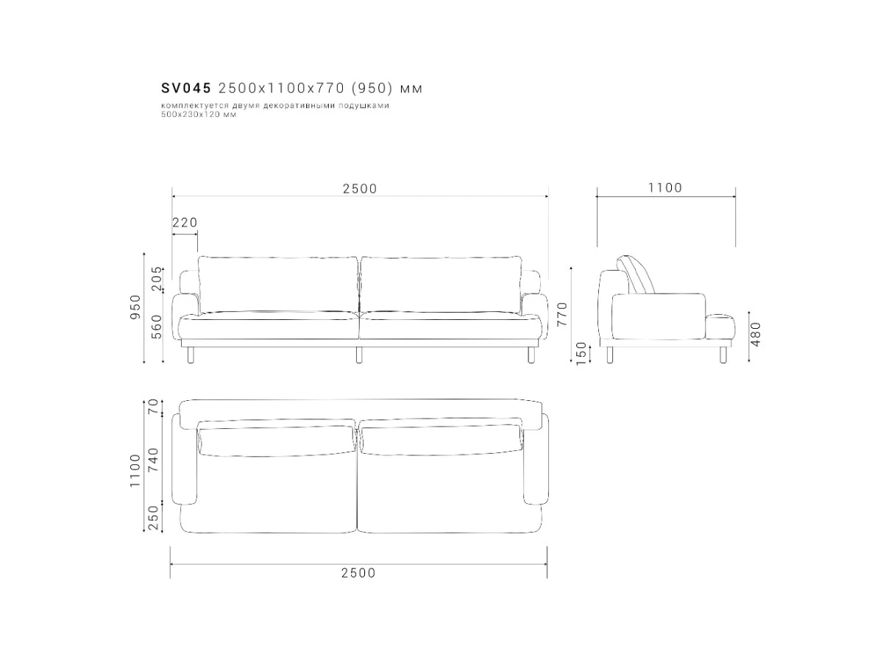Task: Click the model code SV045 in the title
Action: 186,88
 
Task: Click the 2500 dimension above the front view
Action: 360,188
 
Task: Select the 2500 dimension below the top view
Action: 358,573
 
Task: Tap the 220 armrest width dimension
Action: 185,222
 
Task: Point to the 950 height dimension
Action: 135,307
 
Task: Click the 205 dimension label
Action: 156,278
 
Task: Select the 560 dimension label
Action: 156,327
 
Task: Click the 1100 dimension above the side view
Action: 665,188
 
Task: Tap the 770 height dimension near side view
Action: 561,314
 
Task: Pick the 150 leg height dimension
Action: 582,354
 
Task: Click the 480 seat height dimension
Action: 756,334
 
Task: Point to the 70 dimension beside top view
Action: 155,407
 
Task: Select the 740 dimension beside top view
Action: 155,460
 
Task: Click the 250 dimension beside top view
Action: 155,518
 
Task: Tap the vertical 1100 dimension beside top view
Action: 135,471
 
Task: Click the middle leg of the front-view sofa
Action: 359,355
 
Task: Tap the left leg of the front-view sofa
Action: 191,355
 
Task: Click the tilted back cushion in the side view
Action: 636,274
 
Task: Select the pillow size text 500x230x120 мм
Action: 199,114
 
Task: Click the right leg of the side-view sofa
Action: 723,355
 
